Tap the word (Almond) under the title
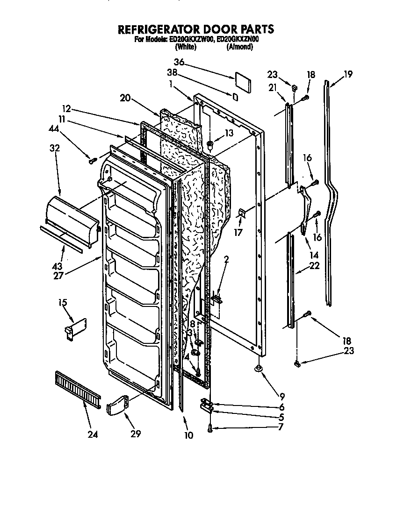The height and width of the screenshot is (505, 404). click(x=239, y=47)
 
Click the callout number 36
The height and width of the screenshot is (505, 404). click(x=179, y=62)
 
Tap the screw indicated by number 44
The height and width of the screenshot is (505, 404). click(x=92, y=161)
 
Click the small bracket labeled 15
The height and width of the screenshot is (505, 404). click(x=75, y=328)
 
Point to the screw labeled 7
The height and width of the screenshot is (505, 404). click(x=210, y=427)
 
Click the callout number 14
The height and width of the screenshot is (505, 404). click(x=314, y=256)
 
